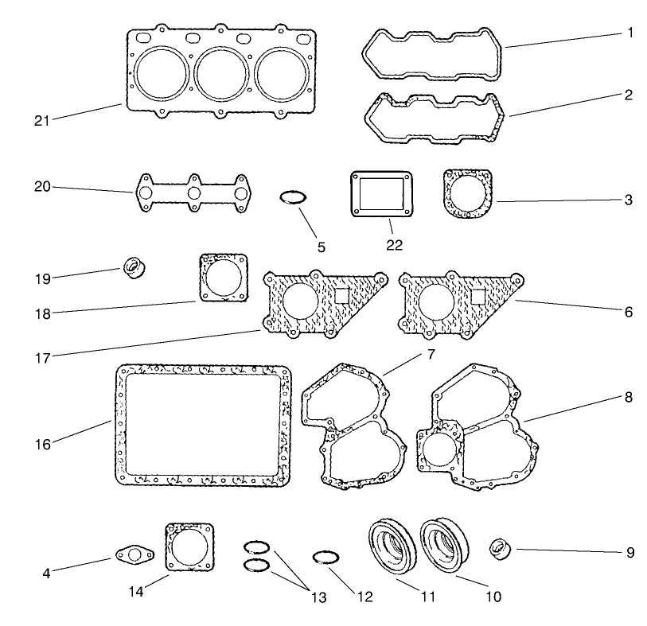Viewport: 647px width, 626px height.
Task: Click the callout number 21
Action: (x=42, y=120)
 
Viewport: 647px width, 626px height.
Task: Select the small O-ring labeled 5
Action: (x=293, y=197)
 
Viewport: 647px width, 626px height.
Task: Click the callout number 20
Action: (x=42, y=188)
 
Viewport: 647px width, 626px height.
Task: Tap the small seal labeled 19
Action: (x=134, y=266)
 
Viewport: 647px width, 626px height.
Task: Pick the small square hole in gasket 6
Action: (x=478, y=296)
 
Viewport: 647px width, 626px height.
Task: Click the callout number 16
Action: (x=42, y=443)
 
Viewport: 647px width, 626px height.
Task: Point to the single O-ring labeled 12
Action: (x=327, y=558)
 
